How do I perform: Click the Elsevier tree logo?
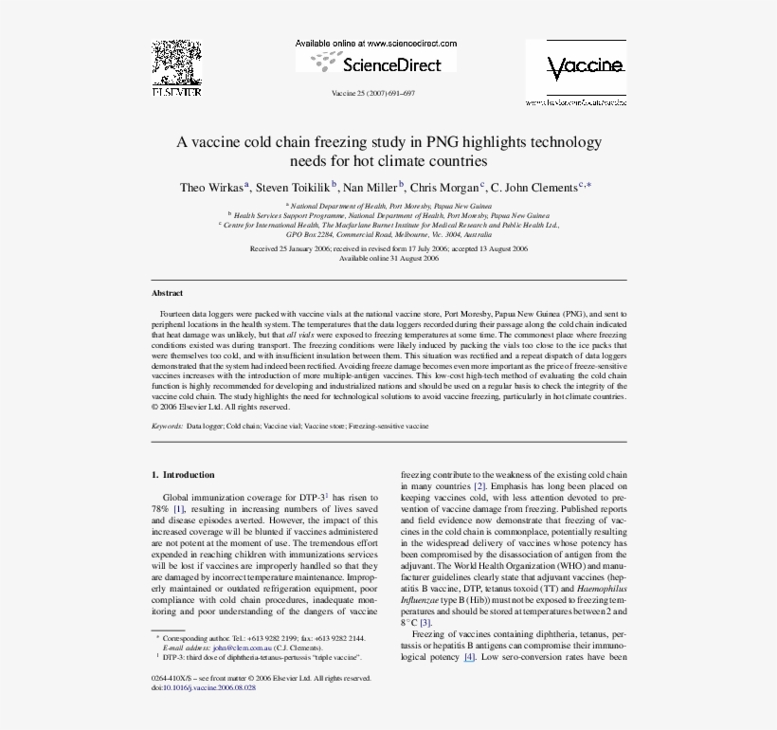click(176, 64)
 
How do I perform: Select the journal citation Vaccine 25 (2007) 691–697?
click(373, 94)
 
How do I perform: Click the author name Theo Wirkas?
click(212, 188)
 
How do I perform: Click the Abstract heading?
click(168, 293)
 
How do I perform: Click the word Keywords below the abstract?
click(168, 427)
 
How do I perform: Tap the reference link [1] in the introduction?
click(177, 509)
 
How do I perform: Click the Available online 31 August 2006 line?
click(388, 258)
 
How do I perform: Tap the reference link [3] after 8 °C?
click(425, 623)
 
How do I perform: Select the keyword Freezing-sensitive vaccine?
click(388, 427)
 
